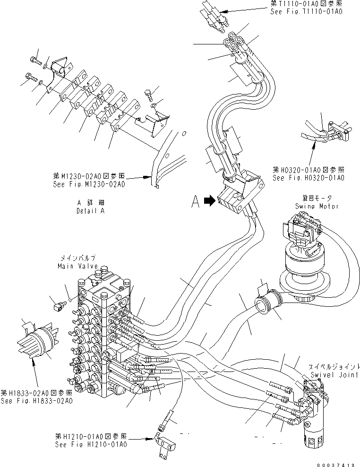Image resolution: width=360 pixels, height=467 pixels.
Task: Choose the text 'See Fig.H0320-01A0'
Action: [x=308, y=178]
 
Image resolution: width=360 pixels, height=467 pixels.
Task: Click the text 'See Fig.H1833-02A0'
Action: [x=36, y=401]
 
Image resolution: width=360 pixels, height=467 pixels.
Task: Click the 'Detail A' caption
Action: [x=90, y=211]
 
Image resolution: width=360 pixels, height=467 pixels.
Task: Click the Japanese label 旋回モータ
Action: [x=320, y=199]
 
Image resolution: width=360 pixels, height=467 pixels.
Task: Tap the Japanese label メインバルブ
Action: [x=77, y=258]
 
